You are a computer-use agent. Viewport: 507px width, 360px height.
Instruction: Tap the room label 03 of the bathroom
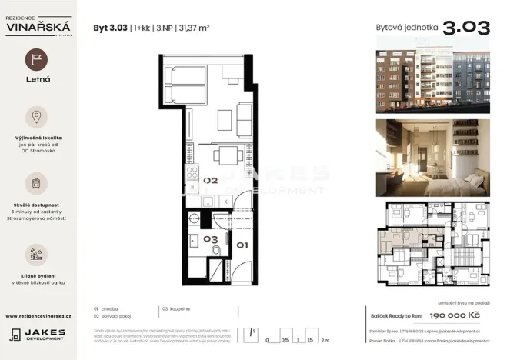pos(212,239)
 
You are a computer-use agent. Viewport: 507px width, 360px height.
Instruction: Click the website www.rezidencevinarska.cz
pos(38,315)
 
